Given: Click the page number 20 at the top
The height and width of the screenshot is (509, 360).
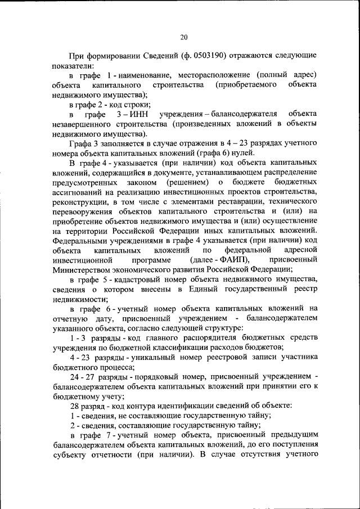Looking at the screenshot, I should (x=183, y=37).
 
